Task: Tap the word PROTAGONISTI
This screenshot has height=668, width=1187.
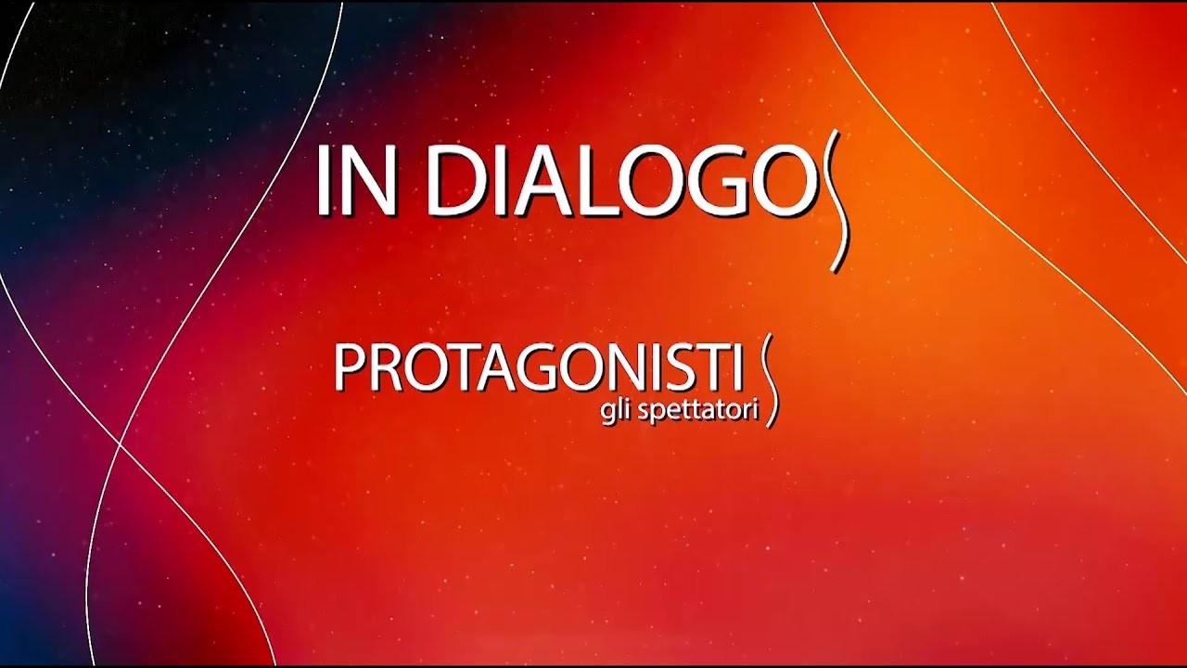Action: [538, 368]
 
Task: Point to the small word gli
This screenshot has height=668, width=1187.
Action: [611, 412]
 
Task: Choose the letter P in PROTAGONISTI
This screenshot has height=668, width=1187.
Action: [347, 368]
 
